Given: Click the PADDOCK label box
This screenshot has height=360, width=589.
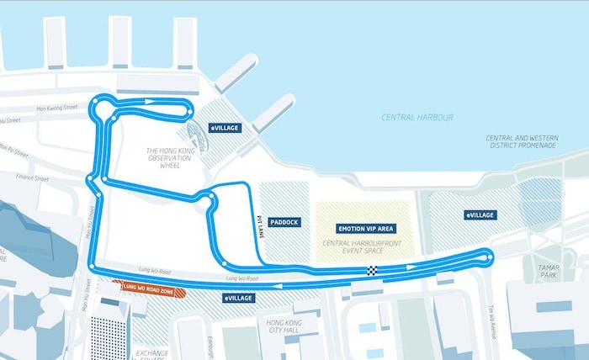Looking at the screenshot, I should click(284, 222).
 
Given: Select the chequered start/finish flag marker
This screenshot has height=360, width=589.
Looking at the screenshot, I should click(371, 270).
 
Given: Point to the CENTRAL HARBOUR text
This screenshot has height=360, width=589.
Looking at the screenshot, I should click(417, 118).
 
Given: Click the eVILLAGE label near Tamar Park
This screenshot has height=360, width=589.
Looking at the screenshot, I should click(480, 215).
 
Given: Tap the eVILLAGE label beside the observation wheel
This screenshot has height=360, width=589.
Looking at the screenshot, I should click(225, 128).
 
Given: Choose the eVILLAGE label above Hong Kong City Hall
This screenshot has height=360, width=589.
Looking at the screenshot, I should click(239, 299).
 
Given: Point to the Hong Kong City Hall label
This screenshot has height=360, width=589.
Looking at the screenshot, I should click(284, 328).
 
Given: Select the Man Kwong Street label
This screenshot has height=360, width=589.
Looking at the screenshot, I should click(56, 108).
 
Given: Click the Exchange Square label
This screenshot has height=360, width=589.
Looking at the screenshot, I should click(152, 348).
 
